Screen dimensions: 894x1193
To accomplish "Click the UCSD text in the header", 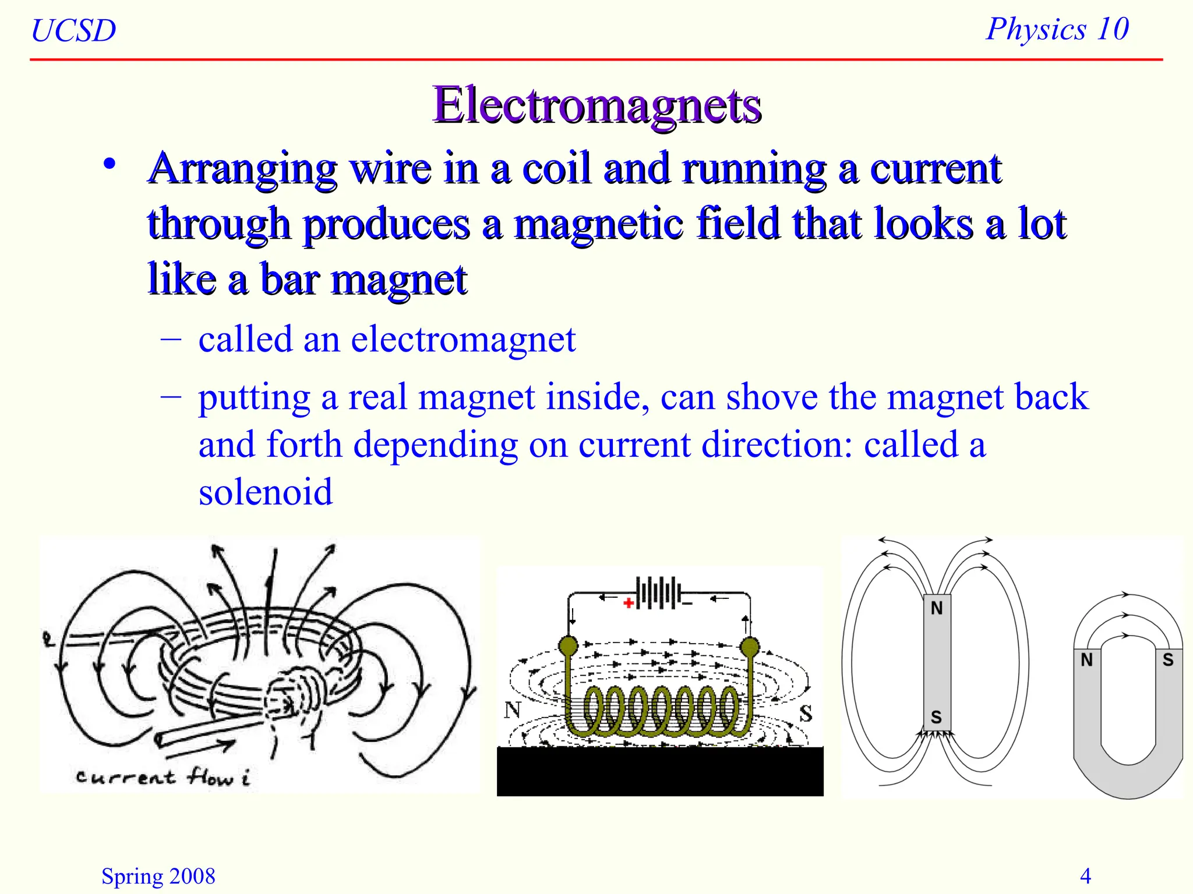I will click(x=73, y=30).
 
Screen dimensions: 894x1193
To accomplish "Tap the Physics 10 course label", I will click(x=1057, y=29).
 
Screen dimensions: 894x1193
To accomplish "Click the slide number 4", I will click(x=1085, y=875).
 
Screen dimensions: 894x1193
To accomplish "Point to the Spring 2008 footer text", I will click(x=158, y=876).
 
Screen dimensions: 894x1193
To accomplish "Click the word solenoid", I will click(x=266, y=492).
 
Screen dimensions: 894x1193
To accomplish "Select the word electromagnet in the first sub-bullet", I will click(x=463, y=339).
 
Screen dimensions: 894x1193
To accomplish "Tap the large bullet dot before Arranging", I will click(x=110, y=165).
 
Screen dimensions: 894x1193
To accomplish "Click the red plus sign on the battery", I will click(x=628, y=603).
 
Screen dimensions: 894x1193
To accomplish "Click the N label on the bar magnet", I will click(x=937, y=608).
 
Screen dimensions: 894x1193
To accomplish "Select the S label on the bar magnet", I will click(x=936, y=717).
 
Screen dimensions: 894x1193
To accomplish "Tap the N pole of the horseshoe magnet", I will click(x=1086, y=660).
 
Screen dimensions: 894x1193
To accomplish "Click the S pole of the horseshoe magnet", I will click(x=1168, y=660).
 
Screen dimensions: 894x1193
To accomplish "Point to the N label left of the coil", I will click(x=512, y=710).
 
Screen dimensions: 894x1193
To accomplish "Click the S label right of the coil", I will click(x=806, y=714).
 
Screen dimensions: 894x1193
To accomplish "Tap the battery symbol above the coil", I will click(x=658, y=594).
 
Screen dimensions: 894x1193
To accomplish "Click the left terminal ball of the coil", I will click(x=569, y=645).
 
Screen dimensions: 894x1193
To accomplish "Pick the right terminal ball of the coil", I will click(x=750, y=646).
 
